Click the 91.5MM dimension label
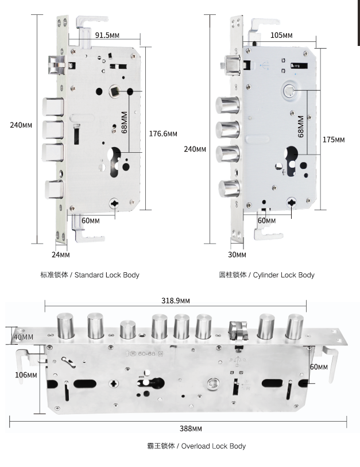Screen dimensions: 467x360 coord(107,36)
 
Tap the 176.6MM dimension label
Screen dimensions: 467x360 coord(162,134)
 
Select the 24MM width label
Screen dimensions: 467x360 coord(60,254)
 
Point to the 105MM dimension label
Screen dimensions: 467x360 coord(281,36)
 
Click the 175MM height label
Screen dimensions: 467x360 coord(333,140)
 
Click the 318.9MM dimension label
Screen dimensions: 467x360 coord(175,300)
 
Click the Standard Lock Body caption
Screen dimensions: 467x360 coord(90,275)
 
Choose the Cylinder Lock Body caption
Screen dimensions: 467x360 coord(266,275)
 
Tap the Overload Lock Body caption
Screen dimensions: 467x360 coord(196,446)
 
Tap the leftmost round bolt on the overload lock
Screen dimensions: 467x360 coord(65,327)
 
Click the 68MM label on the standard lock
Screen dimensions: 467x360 coord(124,123)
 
